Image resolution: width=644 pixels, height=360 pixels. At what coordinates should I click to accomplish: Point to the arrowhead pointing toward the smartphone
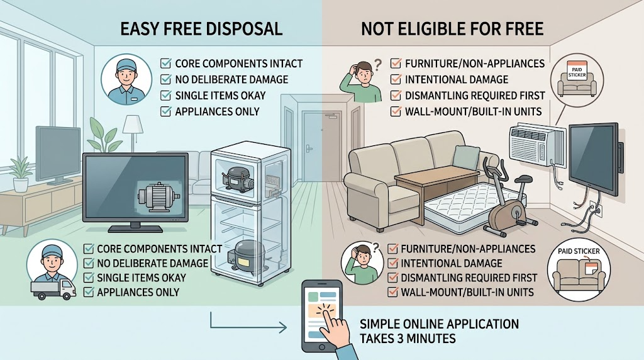(284, 328)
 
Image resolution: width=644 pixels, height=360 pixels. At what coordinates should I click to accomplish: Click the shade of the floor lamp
(132, 124)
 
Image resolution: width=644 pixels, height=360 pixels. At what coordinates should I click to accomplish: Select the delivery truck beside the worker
(53, 289)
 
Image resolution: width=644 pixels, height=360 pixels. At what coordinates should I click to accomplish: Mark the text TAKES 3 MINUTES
(408, 338)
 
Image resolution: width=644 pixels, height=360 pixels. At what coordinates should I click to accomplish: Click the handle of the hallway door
(309, 149)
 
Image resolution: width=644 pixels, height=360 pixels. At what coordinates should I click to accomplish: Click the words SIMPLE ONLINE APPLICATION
(439, 324)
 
